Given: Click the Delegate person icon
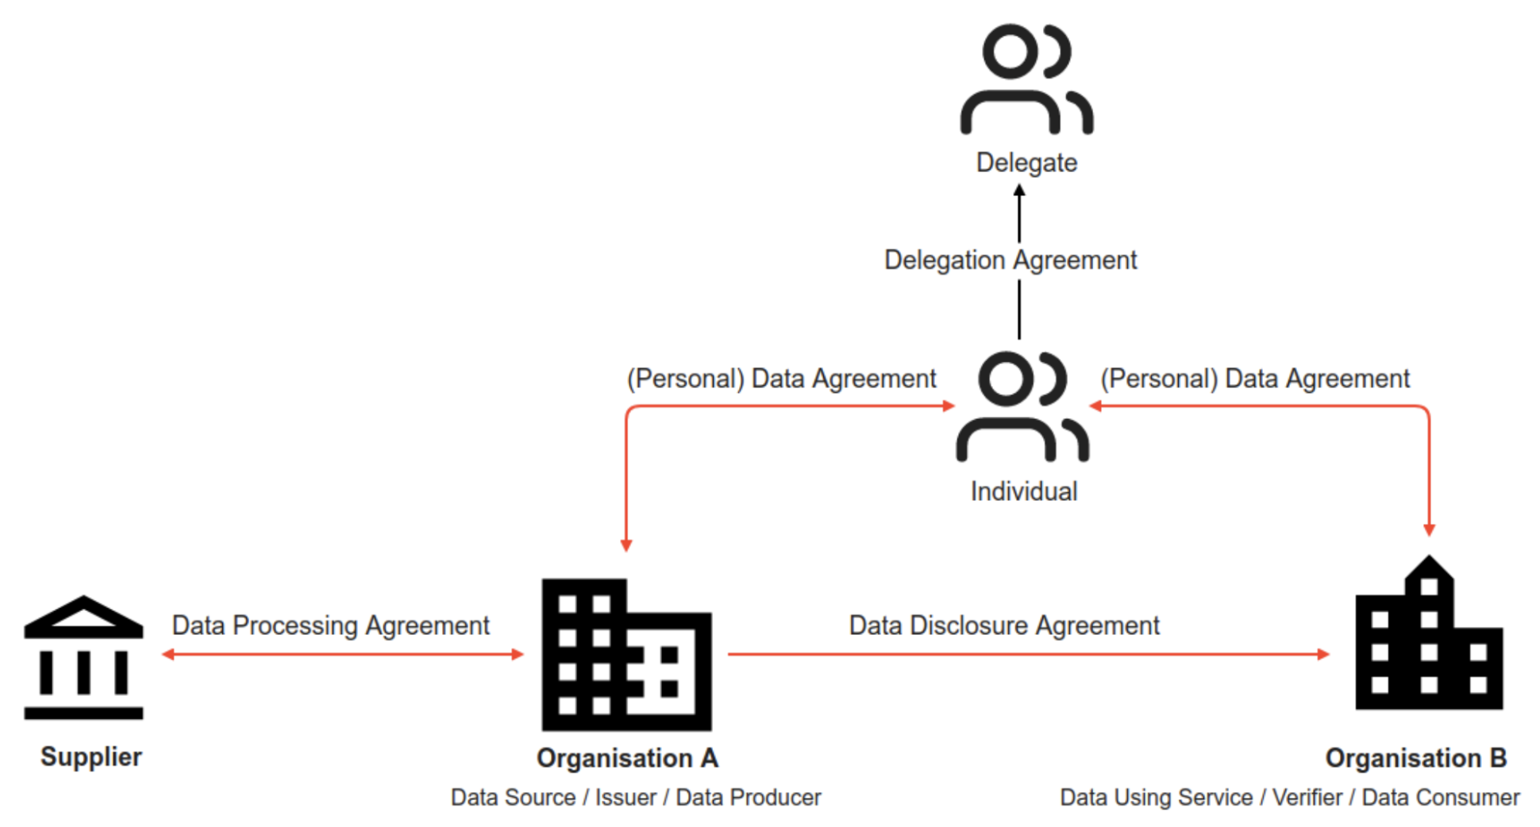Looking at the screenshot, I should click(x=1026, y=79).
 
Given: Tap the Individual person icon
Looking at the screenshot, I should click(x=1022, y=406).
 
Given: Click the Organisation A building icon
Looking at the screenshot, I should click(x=626, y=655).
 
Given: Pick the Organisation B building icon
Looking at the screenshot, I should click(x=1429, y=635).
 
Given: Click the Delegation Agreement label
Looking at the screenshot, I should click(x=1010, y=260).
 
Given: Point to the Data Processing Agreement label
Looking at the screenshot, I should click(x=330, y=625).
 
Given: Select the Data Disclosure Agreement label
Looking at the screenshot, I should click(x=1003, y=625).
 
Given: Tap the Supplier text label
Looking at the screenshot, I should click(x=91, y=756).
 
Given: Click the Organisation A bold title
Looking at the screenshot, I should click(x=627, y=758).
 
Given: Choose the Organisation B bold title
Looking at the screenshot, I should click(x=1415, y=758).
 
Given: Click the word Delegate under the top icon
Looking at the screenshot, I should click(x=1026, y=163).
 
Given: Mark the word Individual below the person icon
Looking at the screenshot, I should click(x=1024, y=491).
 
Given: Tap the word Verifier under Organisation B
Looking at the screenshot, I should click(x=1307, y=797).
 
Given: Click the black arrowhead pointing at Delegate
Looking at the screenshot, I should click(x=1019, y=190).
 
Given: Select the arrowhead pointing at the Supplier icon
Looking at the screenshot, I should click(x=167, y=654).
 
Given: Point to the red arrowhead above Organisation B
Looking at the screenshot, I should click(x=1429, y=530).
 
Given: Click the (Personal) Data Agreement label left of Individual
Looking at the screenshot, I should click(x=781, y=379).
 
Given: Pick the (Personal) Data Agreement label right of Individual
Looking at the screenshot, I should click(x=1254, y=379).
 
